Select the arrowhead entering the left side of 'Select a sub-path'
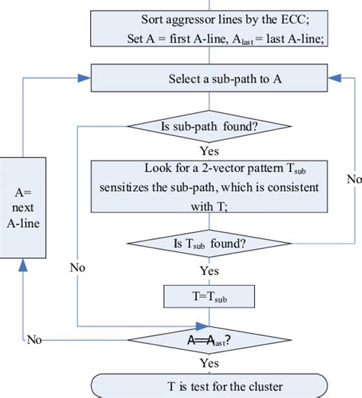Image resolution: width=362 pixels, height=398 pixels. (x=86, y=79)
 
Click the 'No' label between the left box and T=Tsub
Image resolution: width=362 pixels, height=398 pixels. (x=77, y=268)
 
